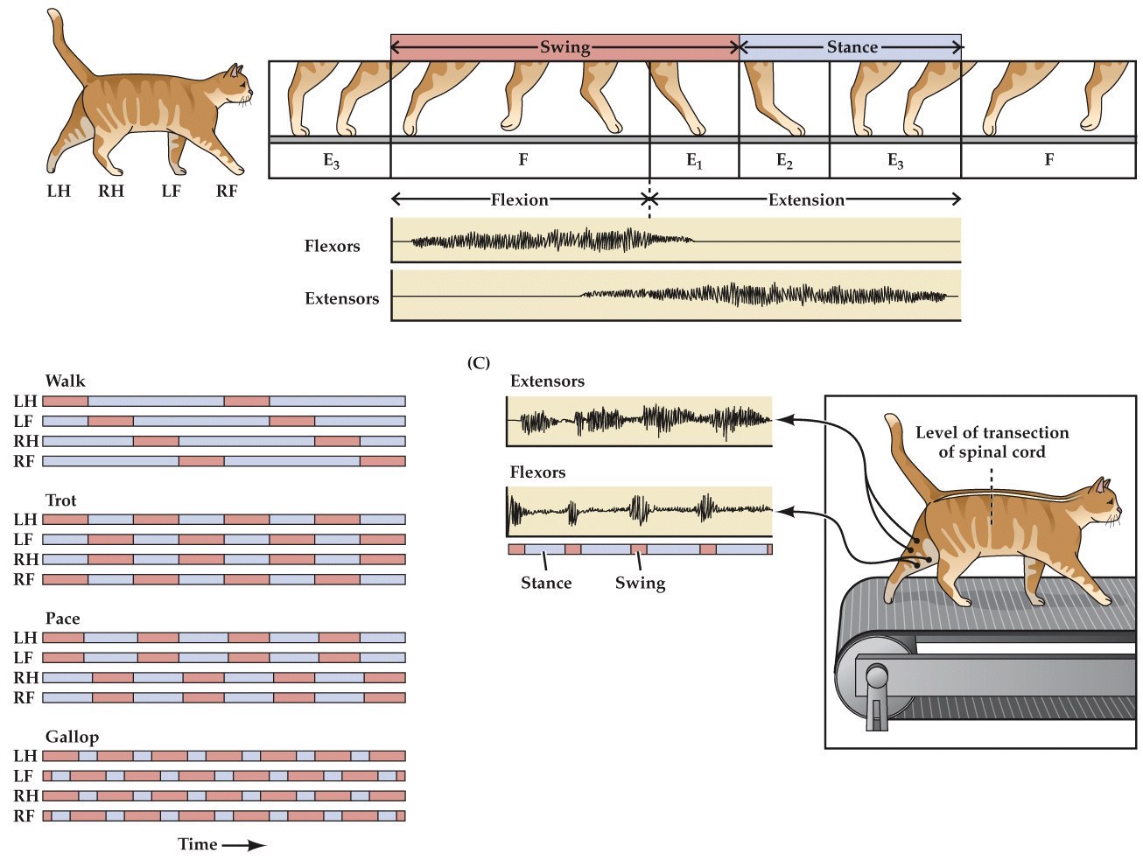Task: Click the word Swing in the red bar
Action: pos(564,47)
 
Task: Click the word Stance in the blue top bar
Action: pos(852,47)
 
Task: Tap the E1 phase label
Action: pos(694,161)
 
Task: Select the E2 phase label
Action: pos(784,161)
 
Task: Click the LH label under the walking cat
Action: pos(59,191)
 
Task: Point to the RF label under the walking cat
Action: pos(227,191)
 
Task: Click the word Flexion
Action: pos(519,199)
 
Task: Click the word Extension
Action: pos(806,199)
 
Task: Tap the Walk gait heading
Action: pos(66,381)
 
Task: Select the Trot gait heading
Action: pos(61,500)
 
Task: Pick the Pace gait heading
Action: pos(63,619)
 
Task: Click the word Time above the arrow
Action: pos(198,844)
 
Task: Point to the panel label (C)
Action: pos(479,362)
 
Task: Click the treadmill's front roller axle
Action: pos(875,677)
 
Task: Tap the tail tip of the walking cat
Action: pos(54,15)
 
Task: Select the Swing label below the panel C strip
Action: pos(640,583)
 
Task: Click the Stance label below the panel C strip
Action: pos(546,583)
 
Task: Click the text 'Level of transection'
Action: pos(992,432)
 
